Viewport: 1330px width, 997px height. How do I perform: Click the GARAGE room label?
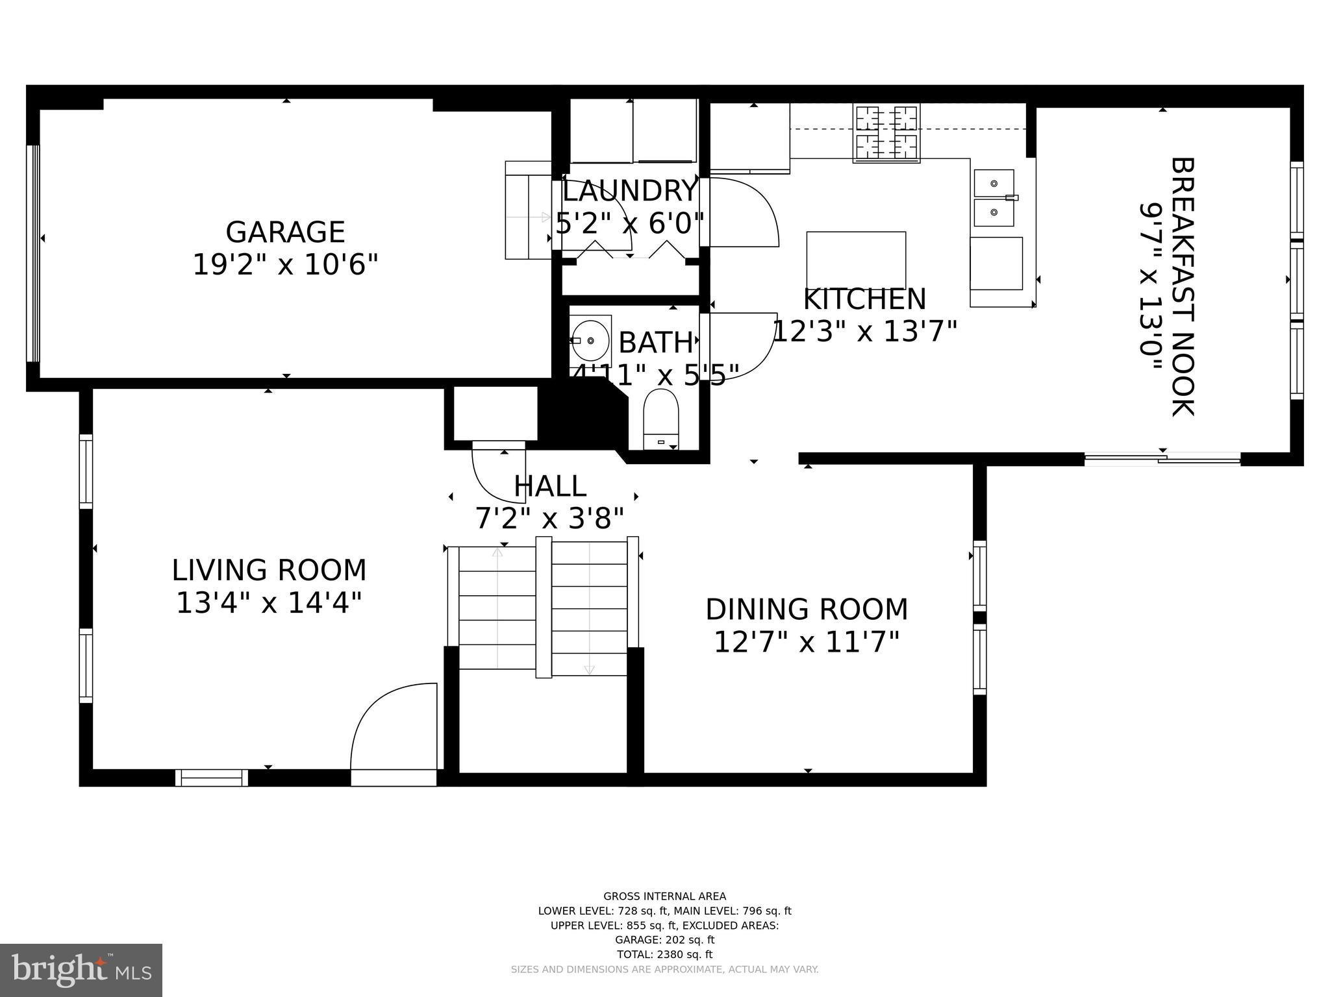(x=284, y=232)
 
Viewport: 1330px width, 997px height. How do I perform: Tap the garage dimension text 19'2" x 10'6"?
(x=285, y=265)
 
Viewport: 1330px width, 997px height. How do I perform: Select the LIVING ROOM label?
(x=269, y=571)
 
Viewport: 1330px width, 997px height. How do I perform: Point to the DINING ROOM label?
(x=807, y=609)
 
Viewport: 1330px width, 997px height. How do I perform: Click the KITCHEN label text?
(x=864, y=299)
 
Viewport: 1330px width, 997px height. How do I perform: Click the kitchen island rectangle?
(x=856, y=260)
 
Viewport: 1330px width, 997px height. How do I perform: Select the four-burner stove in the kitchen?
(x=886, y=133)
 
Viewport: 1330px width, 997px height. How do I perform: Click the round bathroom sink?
(x=590, y=340)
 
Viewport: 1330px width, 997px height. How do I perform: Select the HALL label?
(x=550, y=486)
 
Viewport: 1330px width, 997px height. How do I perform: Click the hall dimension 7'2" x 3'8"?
(x=550, y=519)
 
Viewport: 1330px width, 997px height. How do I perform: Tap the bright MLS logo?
(x=81, y=970)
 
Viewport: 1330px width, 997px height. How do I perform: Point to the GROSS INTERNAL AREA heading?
(x=664, y=896)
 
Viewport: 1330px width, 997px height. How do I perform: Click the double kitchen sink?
(x=994, y=198)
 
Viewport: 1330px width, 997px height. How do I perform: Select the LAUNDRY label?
(x=629, y=191)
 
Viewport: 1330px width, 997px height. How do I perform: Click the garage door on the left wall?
(x=33, y=253)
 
